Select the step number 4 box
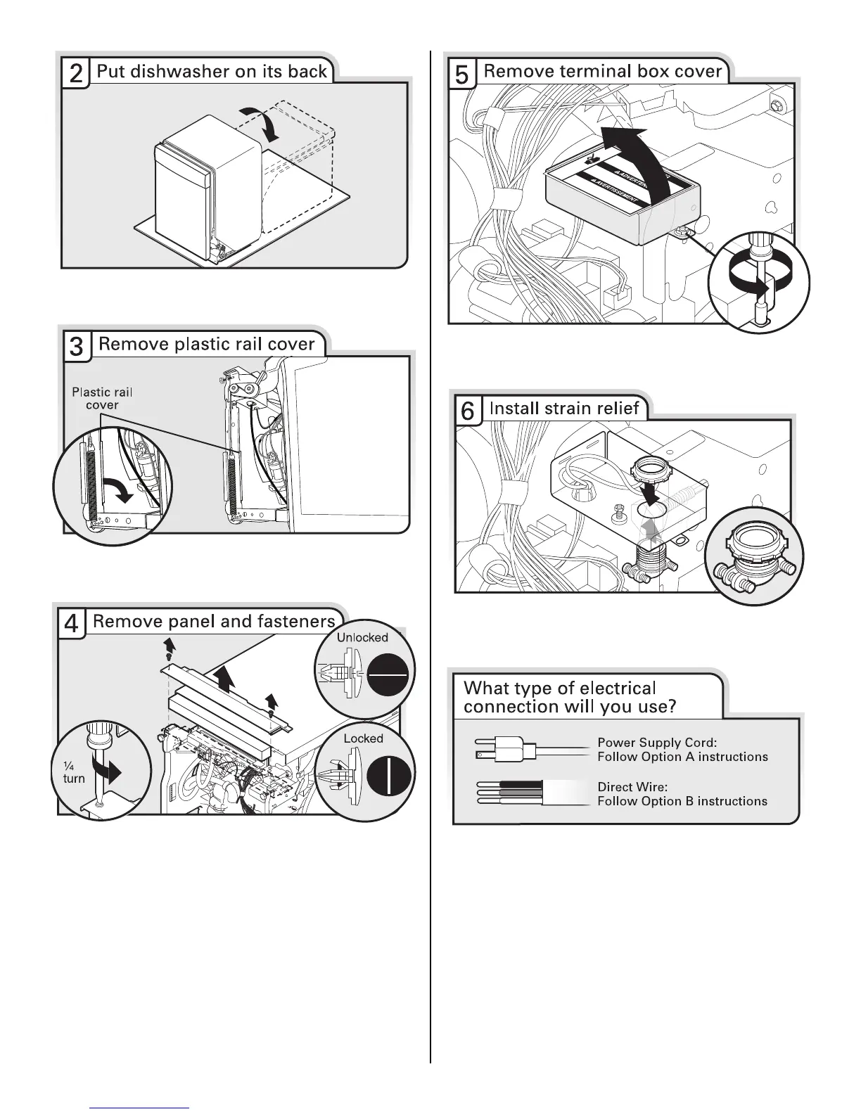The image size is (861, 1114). point(71,624)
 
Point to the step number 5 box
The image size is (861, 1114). point(462,73)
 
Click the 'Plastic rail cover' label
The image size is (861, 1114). point(102,399)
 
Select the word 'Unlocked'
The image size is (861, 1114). point(362,637)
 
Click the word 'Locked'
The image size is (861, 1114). point(363,738)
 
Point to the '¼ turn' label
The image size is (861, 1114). point(73,772)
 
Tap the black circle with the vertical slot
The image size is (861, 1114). point(388,774)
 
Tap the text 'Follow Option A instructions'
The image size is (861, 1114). point(682,757)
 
